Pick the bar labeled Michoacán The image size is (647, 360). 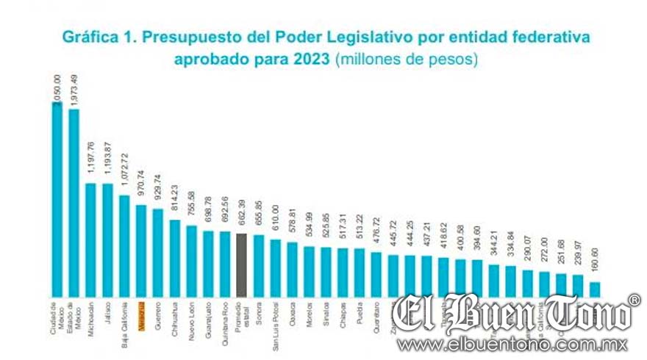click(91, 238)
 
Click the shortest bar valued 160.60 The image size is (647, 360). click(594, 287)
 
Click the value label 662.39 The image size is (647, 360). click(242, 217)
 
